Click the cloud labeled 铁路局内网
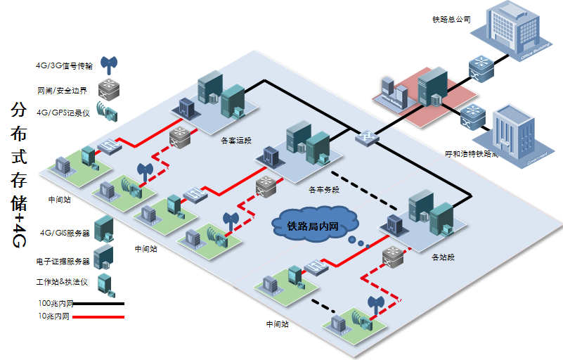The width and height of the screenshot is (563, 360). tap(313, 226)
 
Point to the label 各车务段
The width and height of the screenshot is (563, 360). tap(324, 190)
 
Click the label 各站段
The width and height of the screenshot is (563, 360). tap(444, 257)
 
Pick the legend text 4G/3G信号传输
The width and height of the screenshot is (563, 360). tap(64, 65)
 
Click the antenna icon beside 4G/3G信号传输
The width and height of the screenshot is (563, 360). tap(108, 65)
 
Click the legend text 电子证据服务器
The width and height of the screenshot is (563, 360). tap(63, 261)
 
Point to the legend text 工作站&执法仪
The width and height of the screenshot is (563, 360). tap(62, 281)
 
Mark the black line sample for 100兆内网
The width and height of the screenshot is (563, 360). tap(98, 304)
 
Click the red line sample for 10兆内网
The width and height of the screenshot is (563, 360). tap(98, 318)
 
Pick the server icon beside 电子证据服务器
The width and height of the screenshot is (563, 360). tap(104, 257)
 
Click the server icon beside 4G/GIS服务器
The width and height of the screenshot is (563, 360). tap(104, 229)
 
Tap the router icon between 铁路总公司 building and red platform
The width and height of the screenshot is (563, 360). tap(481, 67)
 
